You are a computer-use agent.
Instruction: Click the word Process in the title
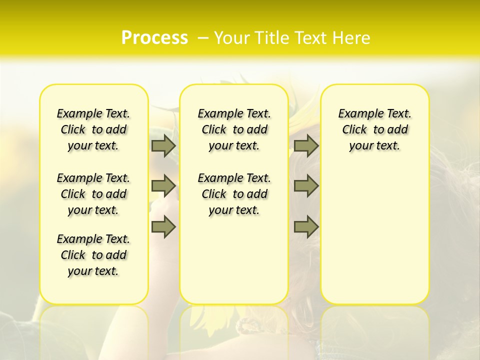154,38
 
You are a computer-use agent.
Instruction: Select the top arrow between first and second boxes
163,145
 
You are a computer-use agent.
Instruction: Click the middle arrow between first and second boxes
163,186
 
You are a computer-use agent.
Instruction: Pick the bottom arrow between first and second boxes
163,226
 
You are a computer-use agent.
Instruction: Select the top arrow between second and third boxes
306,145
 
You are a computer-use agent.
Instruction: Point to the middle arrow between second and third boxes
306,186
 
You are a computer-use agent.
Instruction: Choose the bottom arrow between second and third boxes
306,226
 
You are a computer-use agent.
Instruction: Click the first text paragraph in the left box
93,129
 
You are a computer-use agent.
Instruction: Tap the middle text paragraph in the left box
93,194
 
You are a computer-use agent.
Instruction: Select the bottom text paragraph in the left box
93,255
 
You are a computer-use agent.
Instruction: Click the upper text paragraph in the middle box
234,129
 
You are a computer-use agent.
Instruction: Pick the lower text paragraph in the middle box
234,194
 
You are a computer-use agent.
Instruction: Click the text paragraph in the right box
375,129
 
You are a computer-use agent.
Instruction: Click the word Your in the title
231,38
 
